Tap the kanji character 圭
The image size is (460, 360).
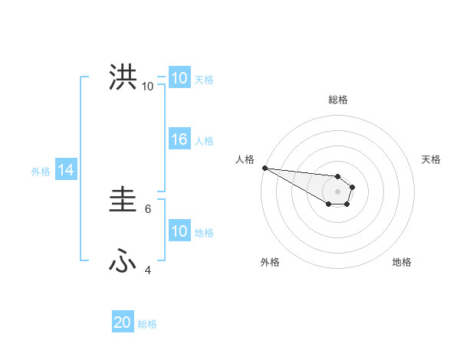pos(123,201)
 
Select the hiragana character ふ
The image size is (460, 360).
pos(123,262)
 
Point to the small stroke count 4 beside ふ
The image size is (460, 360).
pos(149,270)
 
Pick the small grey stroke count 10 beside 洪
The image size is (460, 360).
pos(147,86)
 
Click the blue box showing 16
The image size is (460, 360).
pos(179,139)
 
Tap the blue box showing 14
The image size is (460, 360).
pos(66,171)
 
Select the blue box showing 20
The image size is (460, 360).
pos(123,323)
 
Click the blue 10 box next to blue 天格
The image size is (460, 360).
pos(179,78)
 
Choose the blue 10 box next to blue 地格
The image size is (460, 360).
pos(179,231)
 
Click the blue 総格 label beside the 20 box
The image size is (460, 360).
pos(147,324)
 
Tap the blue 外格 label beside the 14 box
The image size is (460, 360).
pos(41,172)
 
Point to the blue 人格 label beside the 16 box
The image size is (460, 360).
pos(204,140)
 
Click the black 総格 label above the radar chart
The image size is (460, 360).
pos(337,100)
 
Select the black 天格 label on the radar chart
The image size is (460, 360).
pos(432,159)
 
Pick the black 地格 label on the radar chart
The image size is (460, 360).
pos(402,262)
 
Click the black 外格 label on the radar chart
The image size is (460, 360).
pos(270,262)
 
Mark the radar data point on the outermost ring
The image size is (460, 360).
pos(264,168)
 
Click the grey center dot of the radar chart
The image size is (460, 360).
pos(337,191)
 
